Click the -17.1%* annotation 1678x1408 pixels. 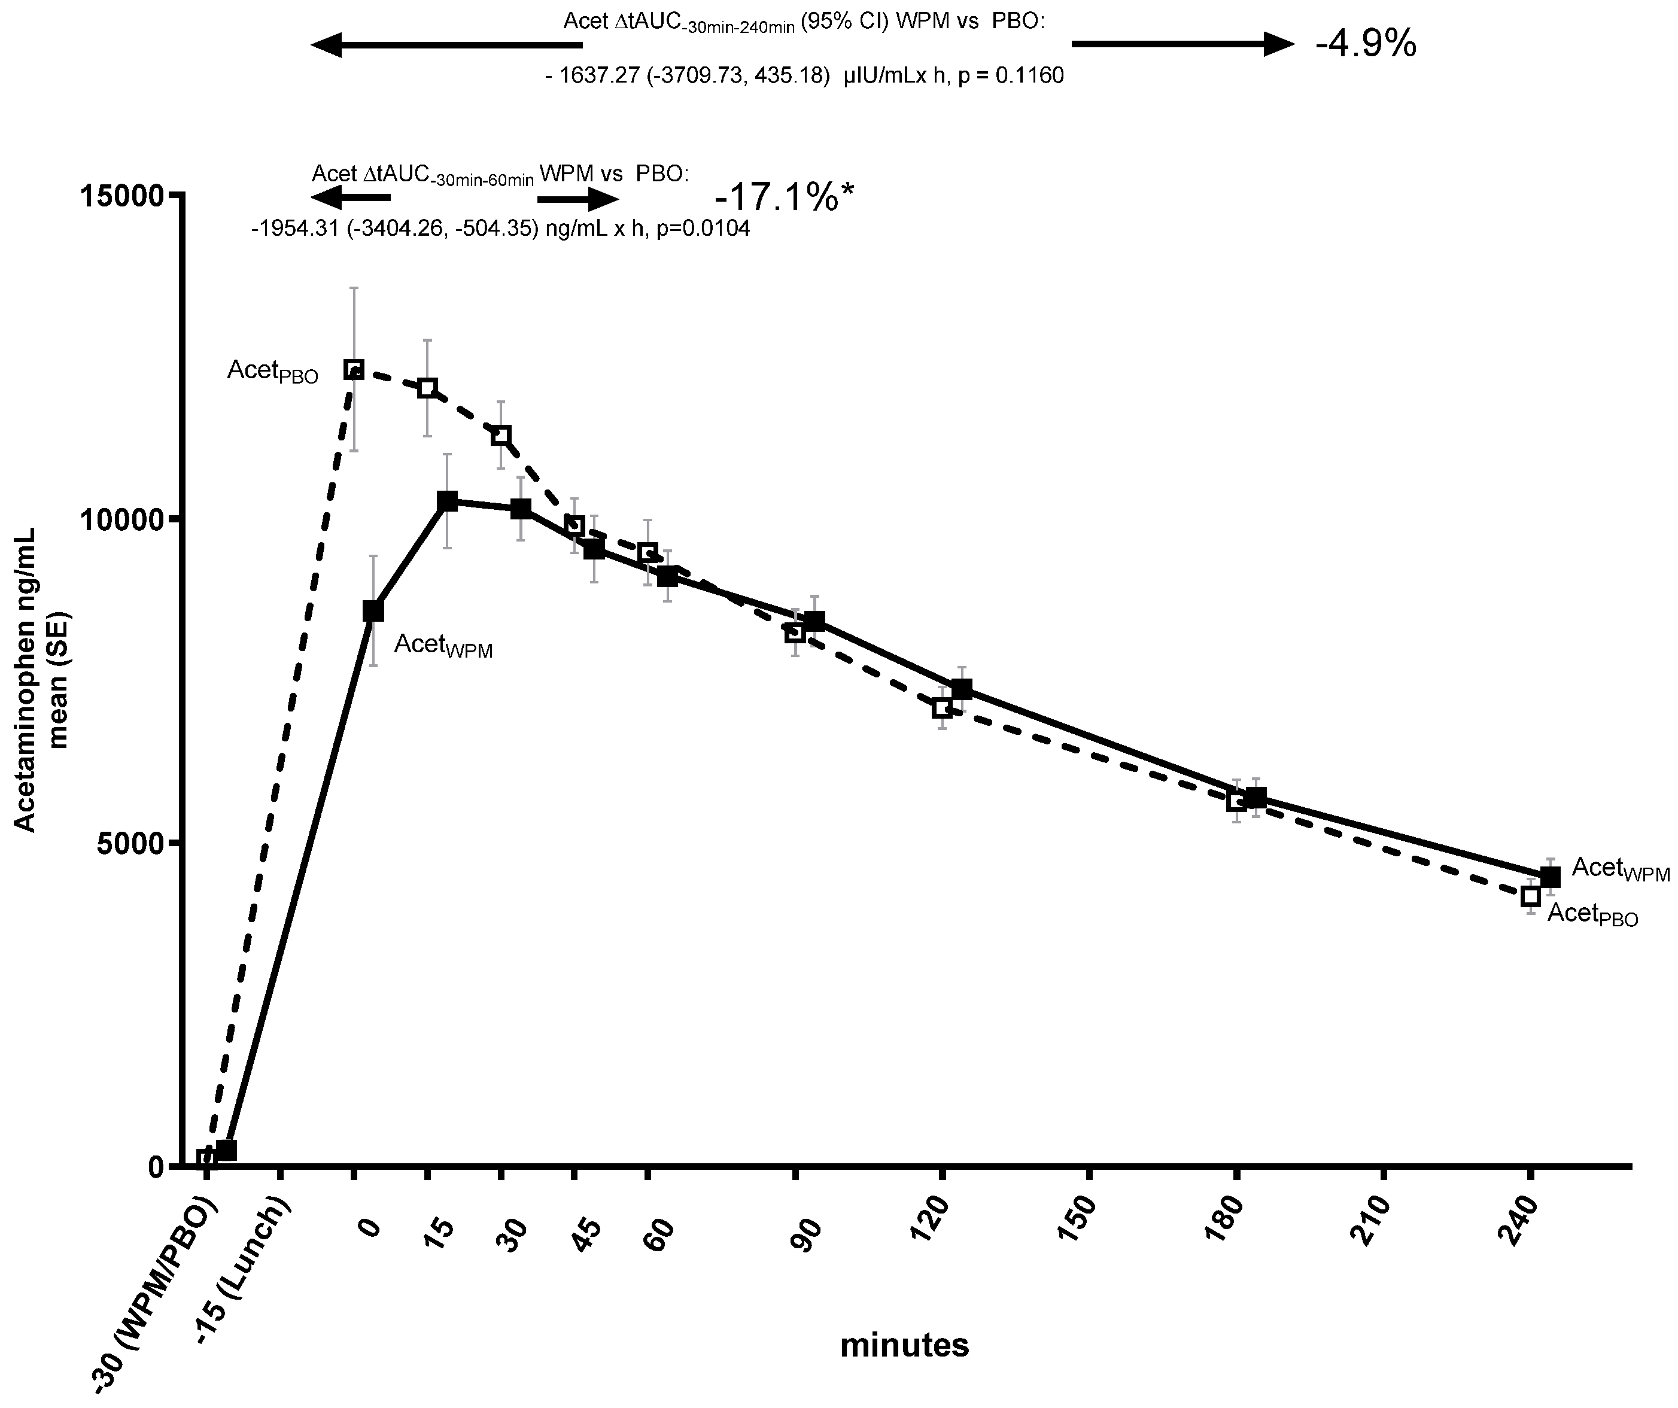tap(784, 197)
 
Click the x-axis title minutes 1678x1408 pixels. tap(904, 1346)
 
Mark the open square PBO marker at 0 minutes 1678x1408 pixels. tap(354, 369)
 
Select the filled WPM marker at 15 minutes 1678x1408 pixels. tap(448, 501)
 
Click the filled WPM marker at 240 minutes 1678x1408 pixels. tap(1549, 877)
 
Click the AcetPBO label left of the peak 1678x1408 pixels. tap(272, 371)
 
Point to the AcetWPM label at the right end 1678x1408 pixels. tap(1621, 869)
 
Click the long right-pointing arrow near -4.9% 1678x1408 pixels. tap(1182, 44)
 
